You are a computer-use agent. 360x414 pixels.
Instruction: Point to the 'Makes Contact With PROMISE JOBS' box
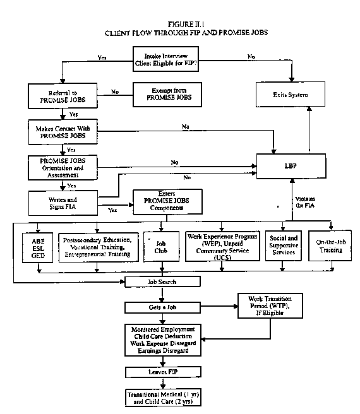[x=61, y=132]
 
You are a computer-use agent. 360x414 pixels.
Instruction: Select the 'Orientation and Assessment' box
[x=61, y=167]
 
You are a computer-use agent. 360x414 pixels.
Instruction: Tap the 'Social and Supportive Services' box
[x=282, y=245]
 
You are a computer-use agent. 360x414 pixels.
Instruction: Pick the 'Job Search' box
[x=162, y=281]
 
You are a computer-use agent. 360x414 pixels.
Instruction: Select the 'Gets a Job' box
[x=162, y=307]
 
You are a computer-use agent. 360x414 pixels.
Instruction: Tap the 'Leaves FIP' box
[x=162, y=372]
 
